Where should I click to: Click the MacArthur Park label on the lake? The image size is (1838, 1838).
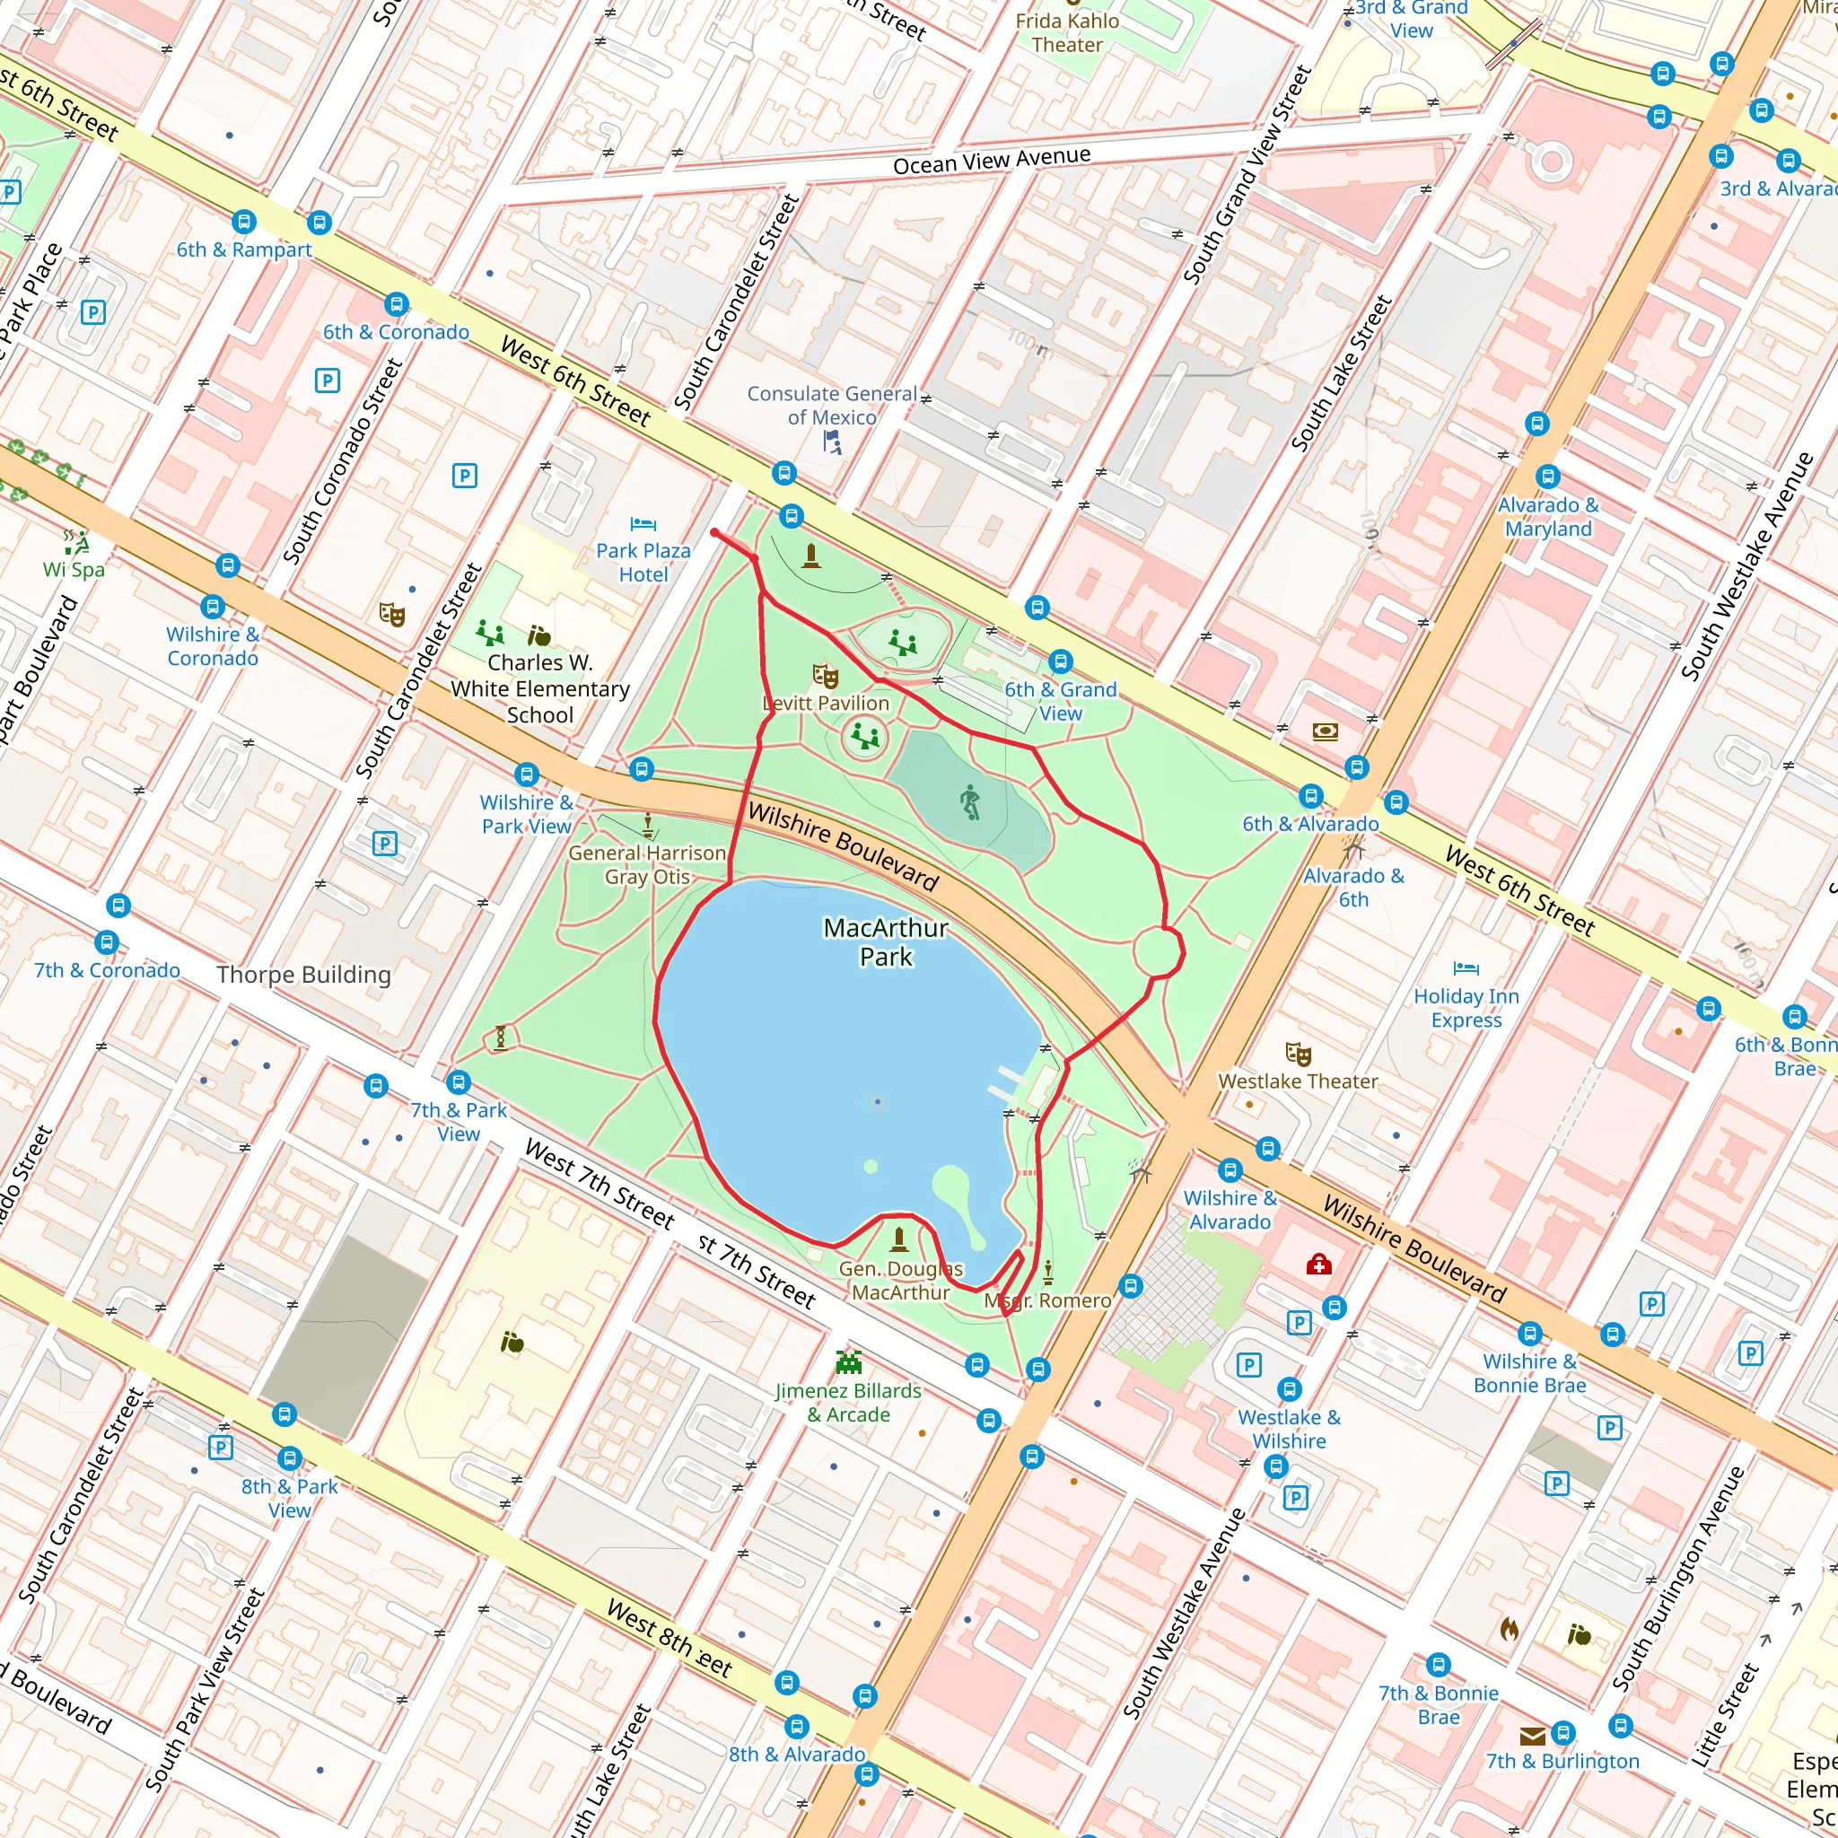[885, 941]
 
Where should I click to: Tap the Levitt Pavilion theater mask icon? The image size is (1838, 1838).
[825, 677]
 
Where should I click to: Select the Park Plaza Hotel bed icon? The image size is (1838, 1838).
[643, 524]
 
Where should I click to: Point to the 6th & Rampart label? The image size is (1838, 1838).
[243, 249]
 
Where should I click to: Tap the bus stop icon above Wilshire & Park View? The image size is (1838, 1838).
[526, 775]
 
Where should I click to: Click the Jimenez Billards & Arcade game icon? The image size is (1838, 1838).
[847, 1362]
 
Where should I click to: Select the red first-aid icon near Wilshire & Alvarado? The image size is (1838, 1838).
[1317, 1265]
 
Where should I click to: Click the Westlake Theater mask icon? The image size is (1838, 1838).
[1298, 1055]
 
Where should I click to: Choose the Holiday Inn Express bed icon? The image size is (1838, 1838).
[1466, 968]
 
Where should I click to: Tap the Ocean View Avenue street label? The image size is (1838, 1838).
[992, 161]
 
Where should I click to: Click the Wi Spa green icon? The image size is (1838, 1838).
[74, 542]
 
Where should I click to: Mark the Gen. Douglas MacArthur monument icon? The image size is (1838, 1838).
[899, 1238]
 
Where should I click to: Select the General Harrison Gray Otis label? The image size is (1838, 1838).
[647, 864]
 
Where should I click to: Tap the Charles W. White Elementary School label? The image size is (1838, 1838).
[539, 688]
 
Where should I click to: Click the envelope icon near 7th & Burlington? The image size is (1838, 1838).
[1532, 1737]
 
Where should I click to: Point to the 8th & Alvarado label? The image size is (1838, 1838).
[797, 1755]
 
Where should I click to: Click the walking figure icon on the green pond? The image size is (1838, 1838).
[969, 802]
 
